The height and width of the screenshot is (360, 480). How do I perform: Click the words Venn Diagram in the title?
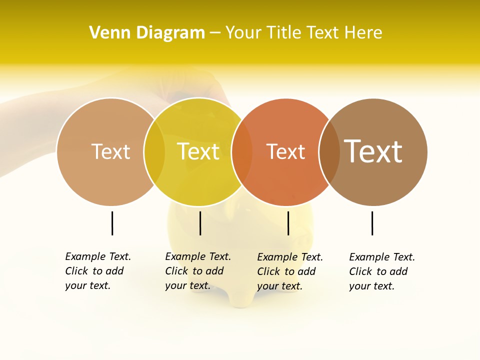[x=147, y=33]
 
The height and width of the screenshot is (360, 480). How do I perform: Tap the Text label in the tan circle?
[x=110, y=151]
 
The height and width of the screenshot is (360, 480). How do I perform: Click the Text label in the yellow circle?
[x=198, y=151]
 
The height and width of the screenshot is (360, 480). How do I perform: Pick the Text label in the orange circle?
[x=285, y=152]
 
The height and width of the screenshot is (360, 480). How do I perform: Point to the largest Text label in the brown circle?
[x=373, y=151]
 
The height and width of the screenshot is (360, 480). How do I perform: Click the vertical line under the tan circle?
[x=112, y=223]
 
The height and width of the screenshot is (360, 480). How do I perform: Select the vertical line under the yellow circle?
[x=200, y=223]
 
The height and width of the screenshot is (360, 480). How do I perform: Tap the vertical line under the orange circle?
[x=288, y=223]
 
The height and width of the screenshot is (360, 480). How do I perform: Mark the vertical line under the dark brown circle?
[x=372, y=223]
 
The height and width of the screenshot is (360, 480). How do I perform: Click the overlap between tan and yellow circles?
[x=154, y=152]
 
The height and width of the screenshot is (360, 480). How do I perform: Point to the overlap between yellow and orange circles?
[x=242, y=152]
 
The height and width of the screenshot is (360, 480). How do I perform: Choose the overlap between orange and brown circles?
[x=329, y=152]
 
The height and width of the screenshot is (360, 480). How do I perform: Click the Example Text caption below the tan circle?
[x=98, y=271]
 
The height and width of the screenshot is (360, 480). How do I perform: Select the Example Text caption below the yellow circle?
[x=198, y=271]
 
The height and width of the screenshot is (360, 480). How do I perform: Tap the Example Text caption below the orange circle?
[x=290, y=271]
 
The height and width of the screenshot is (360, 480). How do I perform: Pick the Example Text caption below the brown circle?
[x=382, y=271]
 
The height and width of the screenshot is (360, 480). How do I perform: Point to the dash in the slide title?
[x=215, y=33]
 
